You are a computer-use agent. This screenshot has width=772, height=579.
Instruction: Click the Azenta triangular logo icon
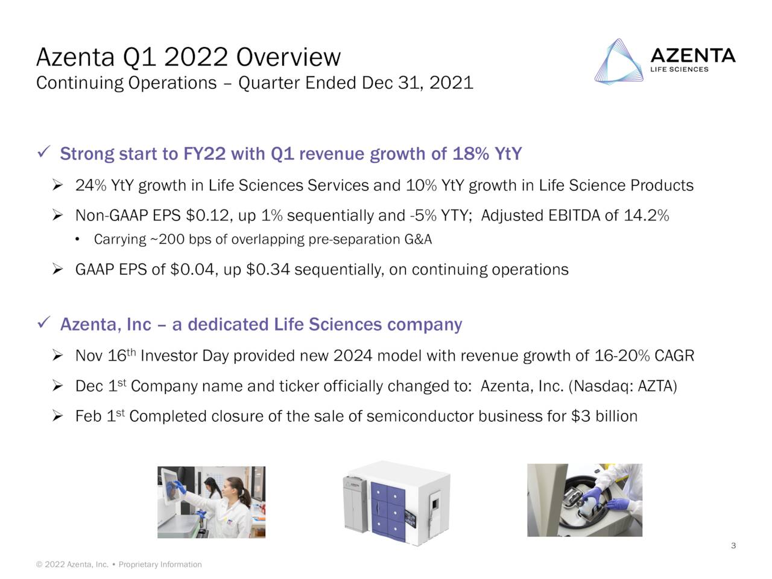coord(617,62)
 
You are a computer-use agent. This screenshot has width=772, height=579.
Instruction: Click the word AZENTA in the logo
coord(693,56)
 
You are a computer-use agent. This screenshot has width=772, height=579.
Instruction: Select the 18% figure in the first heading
coord(470,154)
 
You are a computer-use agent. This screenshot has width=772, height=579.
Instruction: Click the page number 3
coord(733,546)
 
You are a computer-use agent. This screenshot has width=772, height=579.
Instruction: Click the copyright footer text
coord(119,565)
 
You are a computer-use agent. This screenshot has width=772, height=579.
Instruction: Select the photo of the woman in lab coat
coord(211,502)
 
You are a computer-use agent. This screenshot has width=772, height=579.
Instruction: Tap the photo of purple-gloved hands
coord(584,500)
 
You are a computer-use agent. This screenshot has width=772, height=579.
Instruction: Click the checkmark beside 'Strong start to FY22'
coord(43,153)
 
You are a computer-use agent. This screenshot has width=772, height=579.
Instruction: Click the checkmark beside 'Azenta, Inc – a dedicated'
coord(43,324)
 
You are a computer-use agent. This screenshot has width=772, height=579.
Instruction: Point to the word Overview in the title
coord(288,58)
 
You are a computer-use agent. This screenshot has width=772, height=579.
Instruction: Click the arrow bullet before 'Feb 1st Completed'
coord(58,416)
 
